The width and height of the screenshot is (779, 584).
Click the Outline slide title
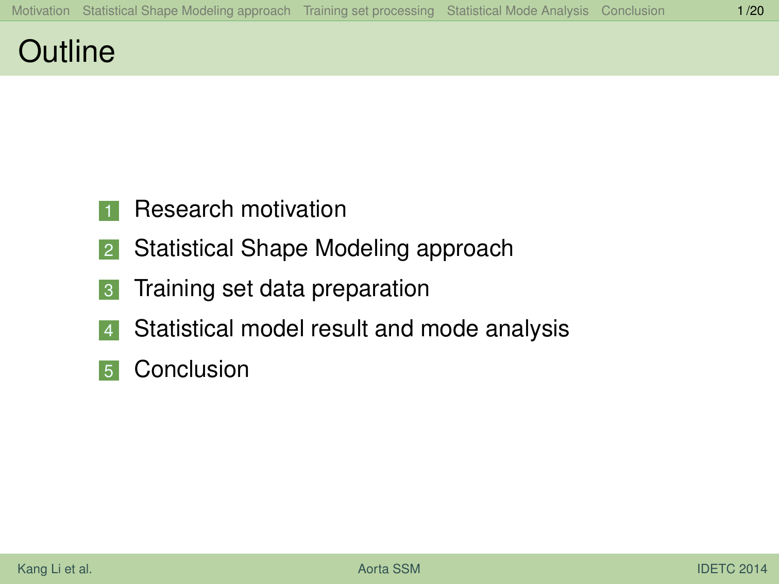[x=66, y=51]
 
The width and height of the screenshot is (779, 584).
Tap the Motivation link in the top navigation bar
[x=41, y=11]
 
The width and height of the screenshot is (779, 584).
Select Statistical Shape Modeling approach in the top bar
[x=187, y=11]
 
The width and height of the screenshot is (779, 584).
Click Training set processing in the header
[x=368, y=11]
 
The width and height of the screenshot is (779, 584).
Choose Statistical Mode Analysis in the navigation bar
[x=517, y=11]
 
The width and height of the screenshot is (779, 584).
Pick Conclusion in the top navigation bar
[x=633, y=11]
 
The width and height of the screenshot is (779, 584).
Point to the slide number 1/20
[x=750, y=11]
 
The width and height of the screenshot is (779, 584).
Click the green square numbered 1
[x=109, y=211]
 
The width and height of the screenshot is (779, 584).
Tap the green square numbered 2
[x=109, y=250]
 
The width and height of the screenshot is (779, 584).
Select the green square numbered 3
[x=109, y=290]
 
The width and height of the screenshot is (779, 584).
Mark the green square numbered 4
[x=109, y=330]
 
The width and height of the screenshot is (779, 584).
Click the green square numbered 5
[x=109, y=371]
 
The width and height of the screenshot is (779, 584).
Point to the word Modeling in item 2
[x=362, y=249]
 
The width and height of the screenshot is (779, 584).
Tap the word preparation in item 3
[x=370, y=289]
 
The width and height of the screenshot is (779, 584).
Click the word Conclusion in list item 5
[x=192, y=369]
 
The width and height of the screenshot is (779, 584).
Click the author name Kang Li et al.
[x=55, y=569]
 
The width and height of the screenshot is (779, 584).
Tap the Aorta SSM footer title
[x=389, y=569]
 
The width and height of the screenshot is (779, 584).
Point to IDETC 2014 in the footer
[x=732, y=569]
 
